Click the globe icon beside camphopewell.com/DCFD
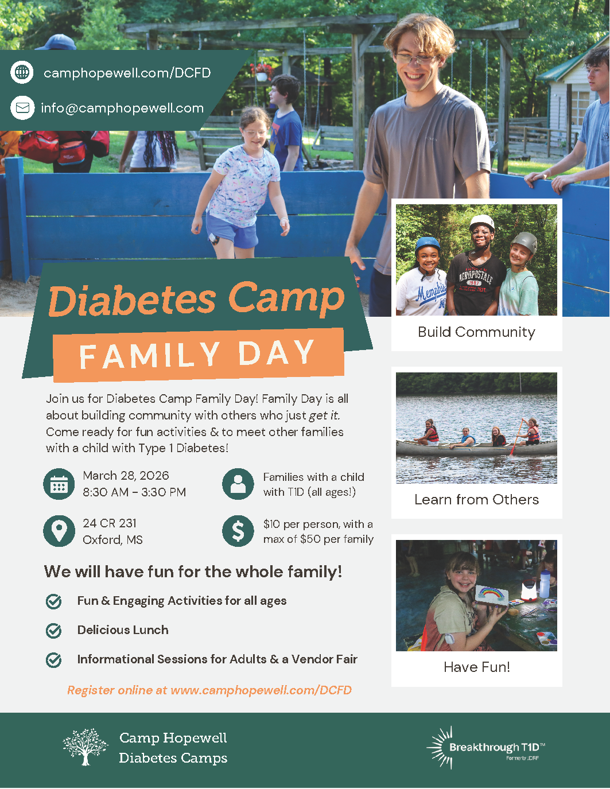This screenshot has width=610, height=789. tap(22, 72)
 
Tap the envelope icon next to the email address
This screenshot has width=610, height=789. tap(22, 108)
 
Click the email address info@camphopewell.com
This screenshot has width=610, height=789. tap(122, 108)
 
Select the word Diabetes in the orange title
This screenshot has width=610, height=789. tap(131, 301)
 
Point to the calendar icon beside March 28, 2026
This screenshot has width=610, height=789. tap(59, 484)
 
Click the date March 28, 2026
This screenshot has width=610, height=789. tap(126, 476)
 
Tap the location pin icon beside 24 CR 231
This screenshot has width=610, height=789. tap(59, 531)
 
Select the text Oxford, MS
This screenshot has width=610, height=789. tap(112, 540)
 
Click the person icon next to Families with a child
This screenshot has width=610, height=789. tap(238, 484)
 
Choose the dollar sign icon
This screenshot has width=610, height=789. tap(238, 531)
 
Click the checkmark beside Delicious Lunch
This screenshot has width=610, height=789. tap(54, 631)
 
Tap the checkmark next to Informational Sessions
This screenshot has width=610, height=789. tap(54, 660)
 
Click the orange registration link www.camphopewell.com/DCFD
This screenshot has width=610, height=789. tap(261, 690)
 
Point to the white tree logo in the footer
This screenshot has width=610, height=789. tap(85, 747)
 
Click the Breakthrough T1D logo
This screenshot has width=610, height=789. tap(485, 748)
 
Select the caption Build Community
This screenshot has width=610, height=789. tap(476, 332)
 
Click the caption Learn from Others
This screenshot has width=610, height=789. tap(476, 500)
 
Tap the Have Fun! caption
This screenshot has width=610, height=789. tap(476, 667)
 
